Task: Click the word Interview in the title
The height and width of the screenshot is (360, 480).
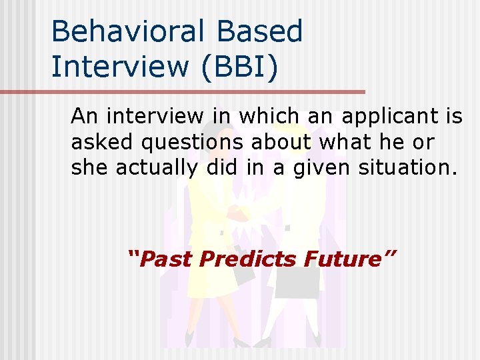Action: [113, 66]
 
